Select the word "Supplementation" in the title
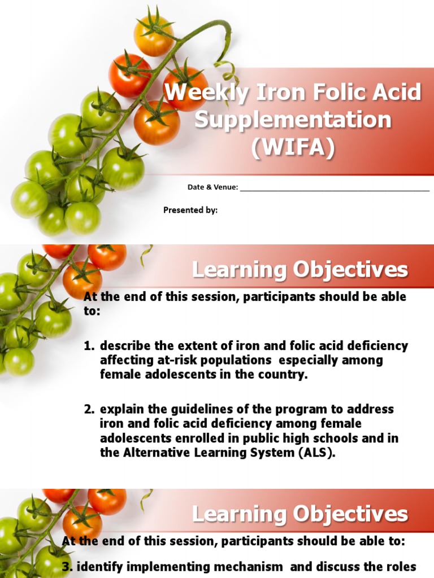pos(293,120)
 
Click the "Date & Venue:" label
pos(212,187)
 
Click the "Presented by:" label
pos(190,210)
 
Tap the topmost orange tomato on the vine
pos(154,36)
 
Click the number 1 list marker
pos(88,345)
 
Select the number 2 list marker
pos(88,409)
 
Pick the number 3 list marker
pos(66,566)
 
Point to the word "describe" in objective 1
pos(125,345)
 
